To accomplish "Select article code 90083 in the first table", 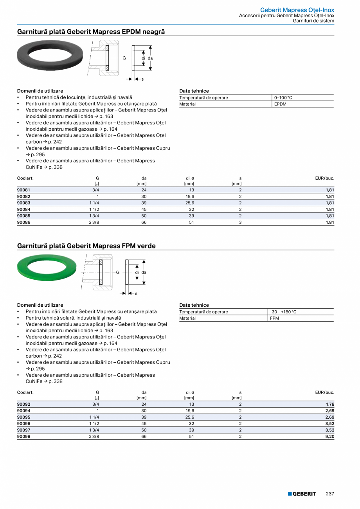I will tap(24, 203).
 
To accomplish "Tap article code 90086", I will tap(24, 222).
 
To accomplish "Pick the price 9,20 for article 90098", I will tap(330, 436).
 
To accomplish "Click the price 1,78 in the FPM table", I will tap(330, 405).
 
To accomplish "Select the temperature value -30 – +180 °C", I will tap(283, 312).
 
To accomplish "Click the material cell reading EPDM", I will tap(280, 104).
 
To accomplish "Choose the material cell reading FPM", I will tap(274, 318).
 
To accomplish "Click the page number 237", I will tap(330, 494).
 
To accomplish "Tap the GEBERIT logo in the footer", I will tap(302, 494).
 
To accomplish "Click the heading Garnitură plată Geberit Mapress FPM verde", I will tap(86, 246).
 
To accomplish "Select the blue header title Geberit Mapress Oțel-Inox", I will tap(297, 10).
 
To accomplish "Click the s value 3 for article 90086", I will tap(240, 222).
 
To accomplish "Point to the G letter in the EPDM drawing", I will tap(124, 58).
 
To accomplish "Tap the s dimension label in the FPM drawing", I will tap(136, 293).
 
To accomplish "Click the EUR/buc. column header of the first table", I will tap(324, 178).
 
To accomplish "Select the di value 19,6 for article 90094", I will tap(190, 411).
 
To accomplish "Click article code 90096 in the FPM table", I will tap(24, 423).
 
